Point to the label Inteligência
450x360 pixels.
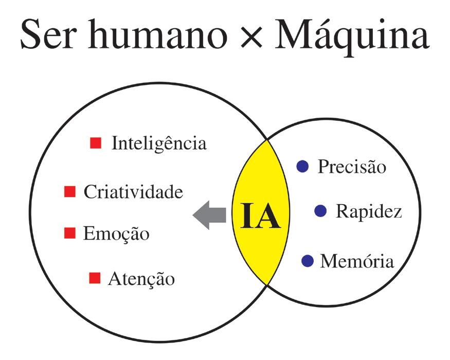click(x=159, y=143)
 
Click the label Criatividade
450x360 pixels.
click(x=133, y=192)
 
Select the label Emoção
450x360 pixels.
click(x=116, y=234)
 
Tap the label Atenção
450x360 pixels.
click(x=141, y=279)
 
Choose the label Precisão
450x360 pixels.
click(x=352, y=167)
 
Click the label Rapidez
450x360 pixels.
click(x=368, y=211)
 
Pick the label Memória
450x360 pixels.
click(x=357, y=261)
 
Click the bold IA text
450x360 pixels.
click(x=260, y=215)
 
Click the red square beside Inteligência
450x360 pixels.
click(x=95, y=142)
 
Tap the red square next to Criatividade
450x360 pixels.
click(x=69, y=192)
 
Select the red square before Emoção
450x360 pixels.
click(x=69, y=233)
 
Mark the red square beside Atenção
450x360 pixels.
click(x=95, y=278)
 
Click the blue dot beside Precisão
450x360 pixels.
click(x=302, y=166)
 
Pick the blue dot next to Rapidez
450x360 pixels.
click(x=320, y=210)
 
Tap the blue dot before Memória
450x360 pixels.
click(x=307, y=261)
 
